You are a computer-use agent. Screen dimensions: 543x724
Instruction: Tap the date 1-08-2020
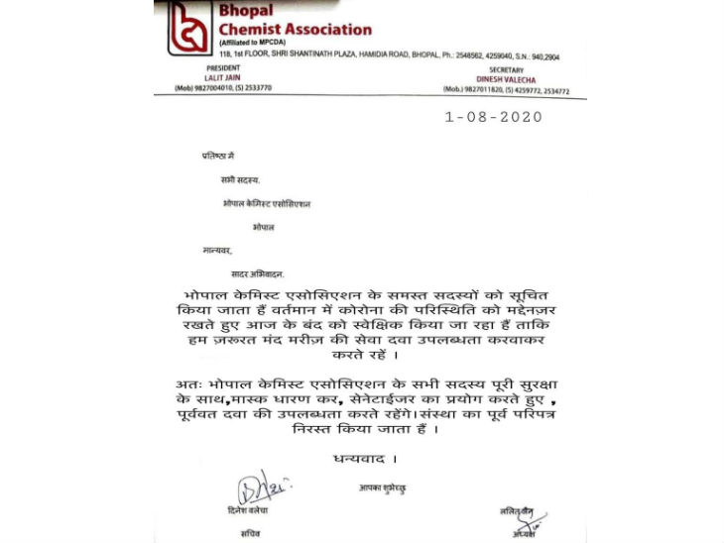click(493, 117)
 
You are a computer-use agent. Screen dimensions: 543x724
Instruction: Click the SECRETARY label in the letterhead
click(485, 70)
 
